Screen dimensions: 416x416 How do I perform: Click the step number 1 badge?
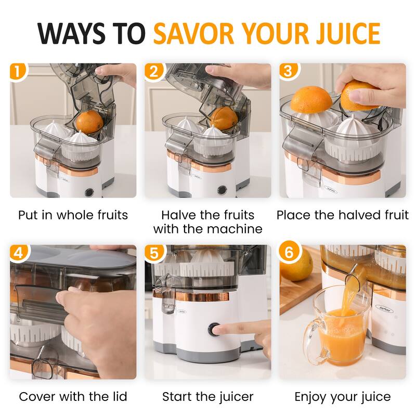click(18, 72)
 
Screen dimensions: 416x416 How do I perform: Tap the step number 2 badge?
click(153, 72)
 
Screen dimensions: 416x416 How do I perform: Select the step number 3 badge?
click(288, 72)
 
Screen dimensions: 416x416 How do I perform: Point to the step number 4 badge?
click(18, 253)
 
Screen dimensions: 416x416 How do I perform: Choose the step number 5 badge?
click(153, 253)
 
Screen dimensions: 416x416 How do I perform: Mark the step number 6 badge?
click(288, 253)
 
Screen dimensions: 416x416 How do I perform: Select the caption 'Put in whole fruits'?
click(73, 215)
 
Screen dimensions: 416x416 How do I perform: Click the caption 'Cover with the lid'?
click(73, 397)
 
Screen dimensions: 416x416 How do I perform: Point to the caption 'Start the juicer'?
click(207, 397)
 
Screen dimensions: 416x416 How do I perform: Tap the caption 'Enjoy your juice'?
click(343, 397)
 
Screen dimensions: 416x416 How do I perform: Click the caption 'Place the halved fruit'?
click(343, 215)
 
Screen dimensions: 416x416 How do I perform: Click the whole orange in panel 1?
click(89, 121)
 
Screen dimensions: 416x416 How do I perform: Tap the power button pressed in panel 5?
click(214, 330)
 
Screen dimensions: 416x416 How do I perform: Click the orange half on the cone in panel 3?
click(310, 100)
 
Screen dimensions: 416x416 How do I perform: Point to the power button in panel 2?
click(223, 190)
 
